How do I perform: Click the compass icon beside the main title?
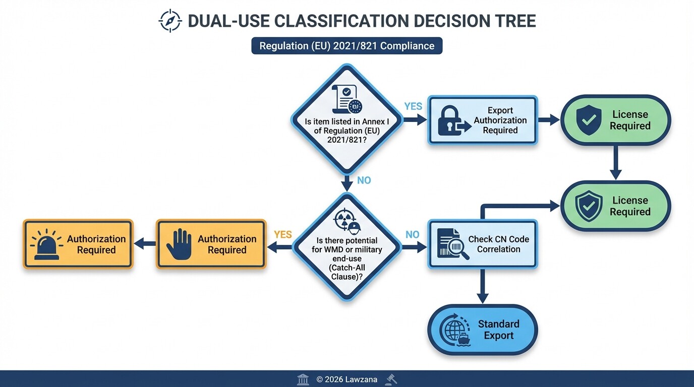169,21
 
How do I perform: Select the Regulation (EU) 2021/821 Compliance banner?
346,46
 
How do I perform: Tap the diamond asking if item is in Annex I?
346,119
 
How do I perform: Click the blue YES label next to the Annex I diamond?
413,106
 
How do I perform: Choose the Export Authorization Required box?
482,120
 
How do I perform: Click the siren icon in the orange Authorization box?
47,244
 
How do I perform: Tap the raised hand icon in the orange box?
179,244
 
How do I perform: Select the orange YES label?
282,234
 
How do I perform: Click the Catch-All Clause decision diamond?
346,247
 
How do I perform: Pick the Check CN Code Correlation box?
482,244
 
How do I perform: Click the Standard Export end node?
482,330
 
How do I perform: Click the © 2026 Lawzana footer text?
346,379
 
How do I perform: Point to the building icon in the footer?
303,379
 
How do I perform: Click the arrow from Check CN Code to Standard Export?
483,286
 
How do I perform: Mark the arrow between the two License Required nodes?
615,162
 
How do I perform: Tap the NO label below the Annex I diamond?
364,180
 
